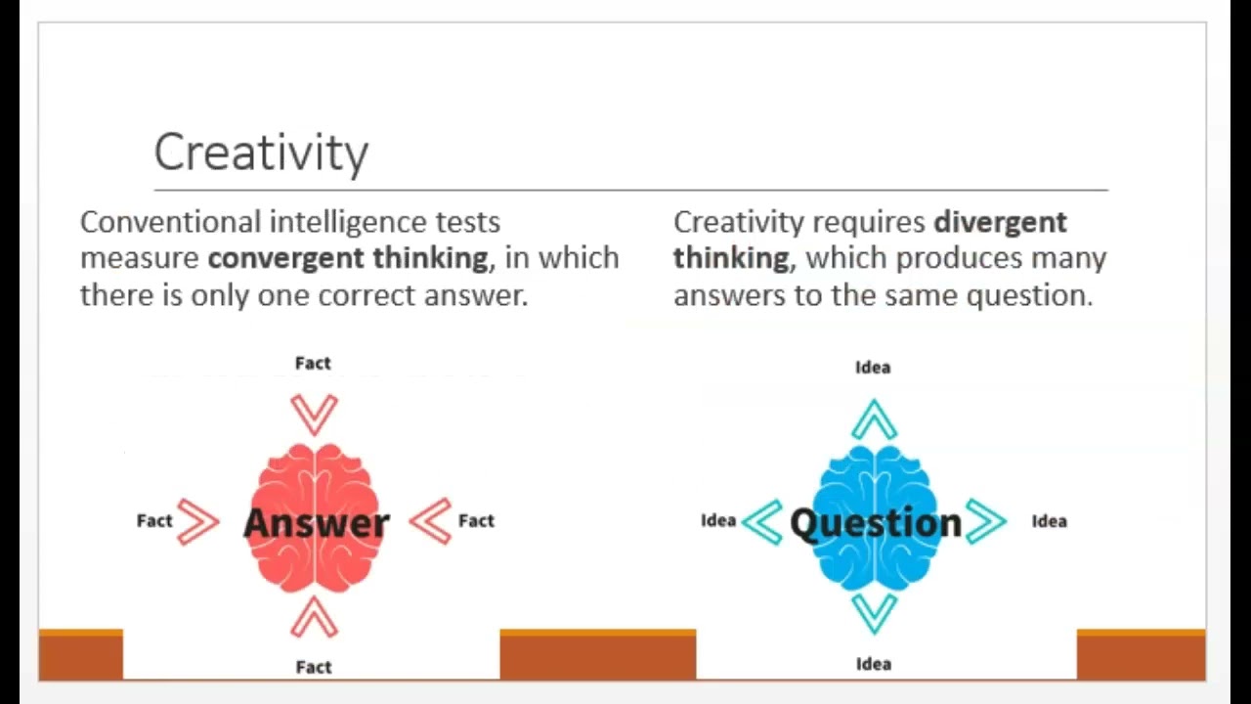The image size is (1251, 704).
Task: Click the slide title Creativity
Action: [261, 153]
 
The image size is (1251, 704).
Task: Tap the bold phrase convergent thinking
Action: [348, 258]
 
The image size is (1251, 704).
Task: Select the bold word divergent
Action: [1000, 222]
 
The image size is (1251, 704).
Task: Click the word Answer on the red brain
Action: [316, 522]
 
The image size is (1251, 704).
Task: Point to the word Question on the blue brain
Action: [876, 523]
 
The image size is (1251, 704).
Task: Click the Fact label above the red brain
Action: [313, 364]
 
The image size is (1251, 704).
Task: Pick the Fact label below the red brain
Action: [314, 667]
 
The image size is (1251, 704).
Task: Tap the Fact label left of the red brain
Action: [154, 521]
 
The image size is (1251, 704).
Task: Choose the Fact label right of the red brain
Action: [476, 521]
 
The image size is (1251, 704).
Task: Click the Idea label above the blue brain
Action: [873, 368]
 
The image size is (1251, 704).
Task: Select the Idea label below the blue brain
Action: [874, 664]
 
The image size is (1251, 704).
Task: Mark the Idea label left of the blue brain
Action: [718, 521]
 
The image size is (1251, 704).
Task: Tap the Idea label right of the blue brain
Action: [1049, 521]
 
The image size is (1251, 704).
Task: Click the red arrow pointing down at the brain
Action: [314, 414]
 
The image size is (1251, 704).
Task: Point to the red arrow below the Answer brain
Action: [314, 617]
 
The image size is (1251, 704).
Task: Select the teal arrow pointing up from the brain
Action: [874, 419]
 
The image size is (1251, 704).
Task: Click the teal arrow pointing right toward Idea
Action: [986, 521]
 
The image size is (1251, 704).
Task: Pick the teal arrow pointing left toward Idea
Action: [762, 521]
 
